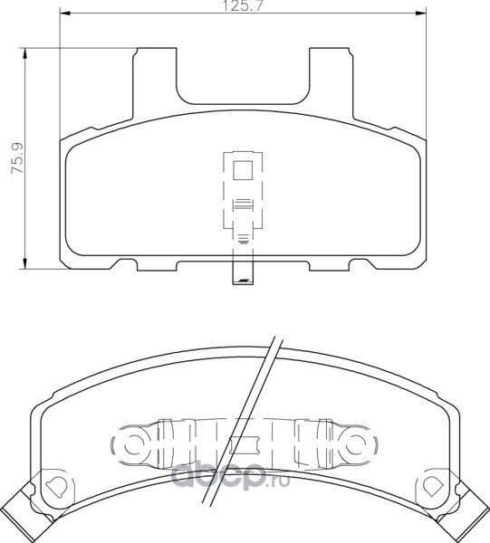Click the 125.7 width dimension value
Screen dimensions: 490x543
tap(243, 5)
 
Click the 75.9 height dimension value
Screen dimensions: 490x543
tap(17, 157)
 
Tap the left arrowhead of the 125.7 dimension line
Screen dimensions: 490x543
tap(65, 14)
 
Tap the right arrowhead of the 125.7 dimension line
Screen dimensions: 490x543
tap(421, 14)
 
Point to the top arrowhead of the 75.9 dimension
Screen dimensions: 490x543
tap(24, 53)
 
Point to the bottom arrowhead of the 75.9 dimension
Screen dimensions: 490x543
tap(24, 262)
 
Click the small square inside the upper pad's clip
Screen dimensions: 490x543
tap(243, 170)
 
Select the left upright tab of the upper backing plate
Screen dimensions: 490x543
tap(155, 83)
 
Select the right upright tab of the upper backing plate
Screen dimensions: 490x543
tap(331, 83)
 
